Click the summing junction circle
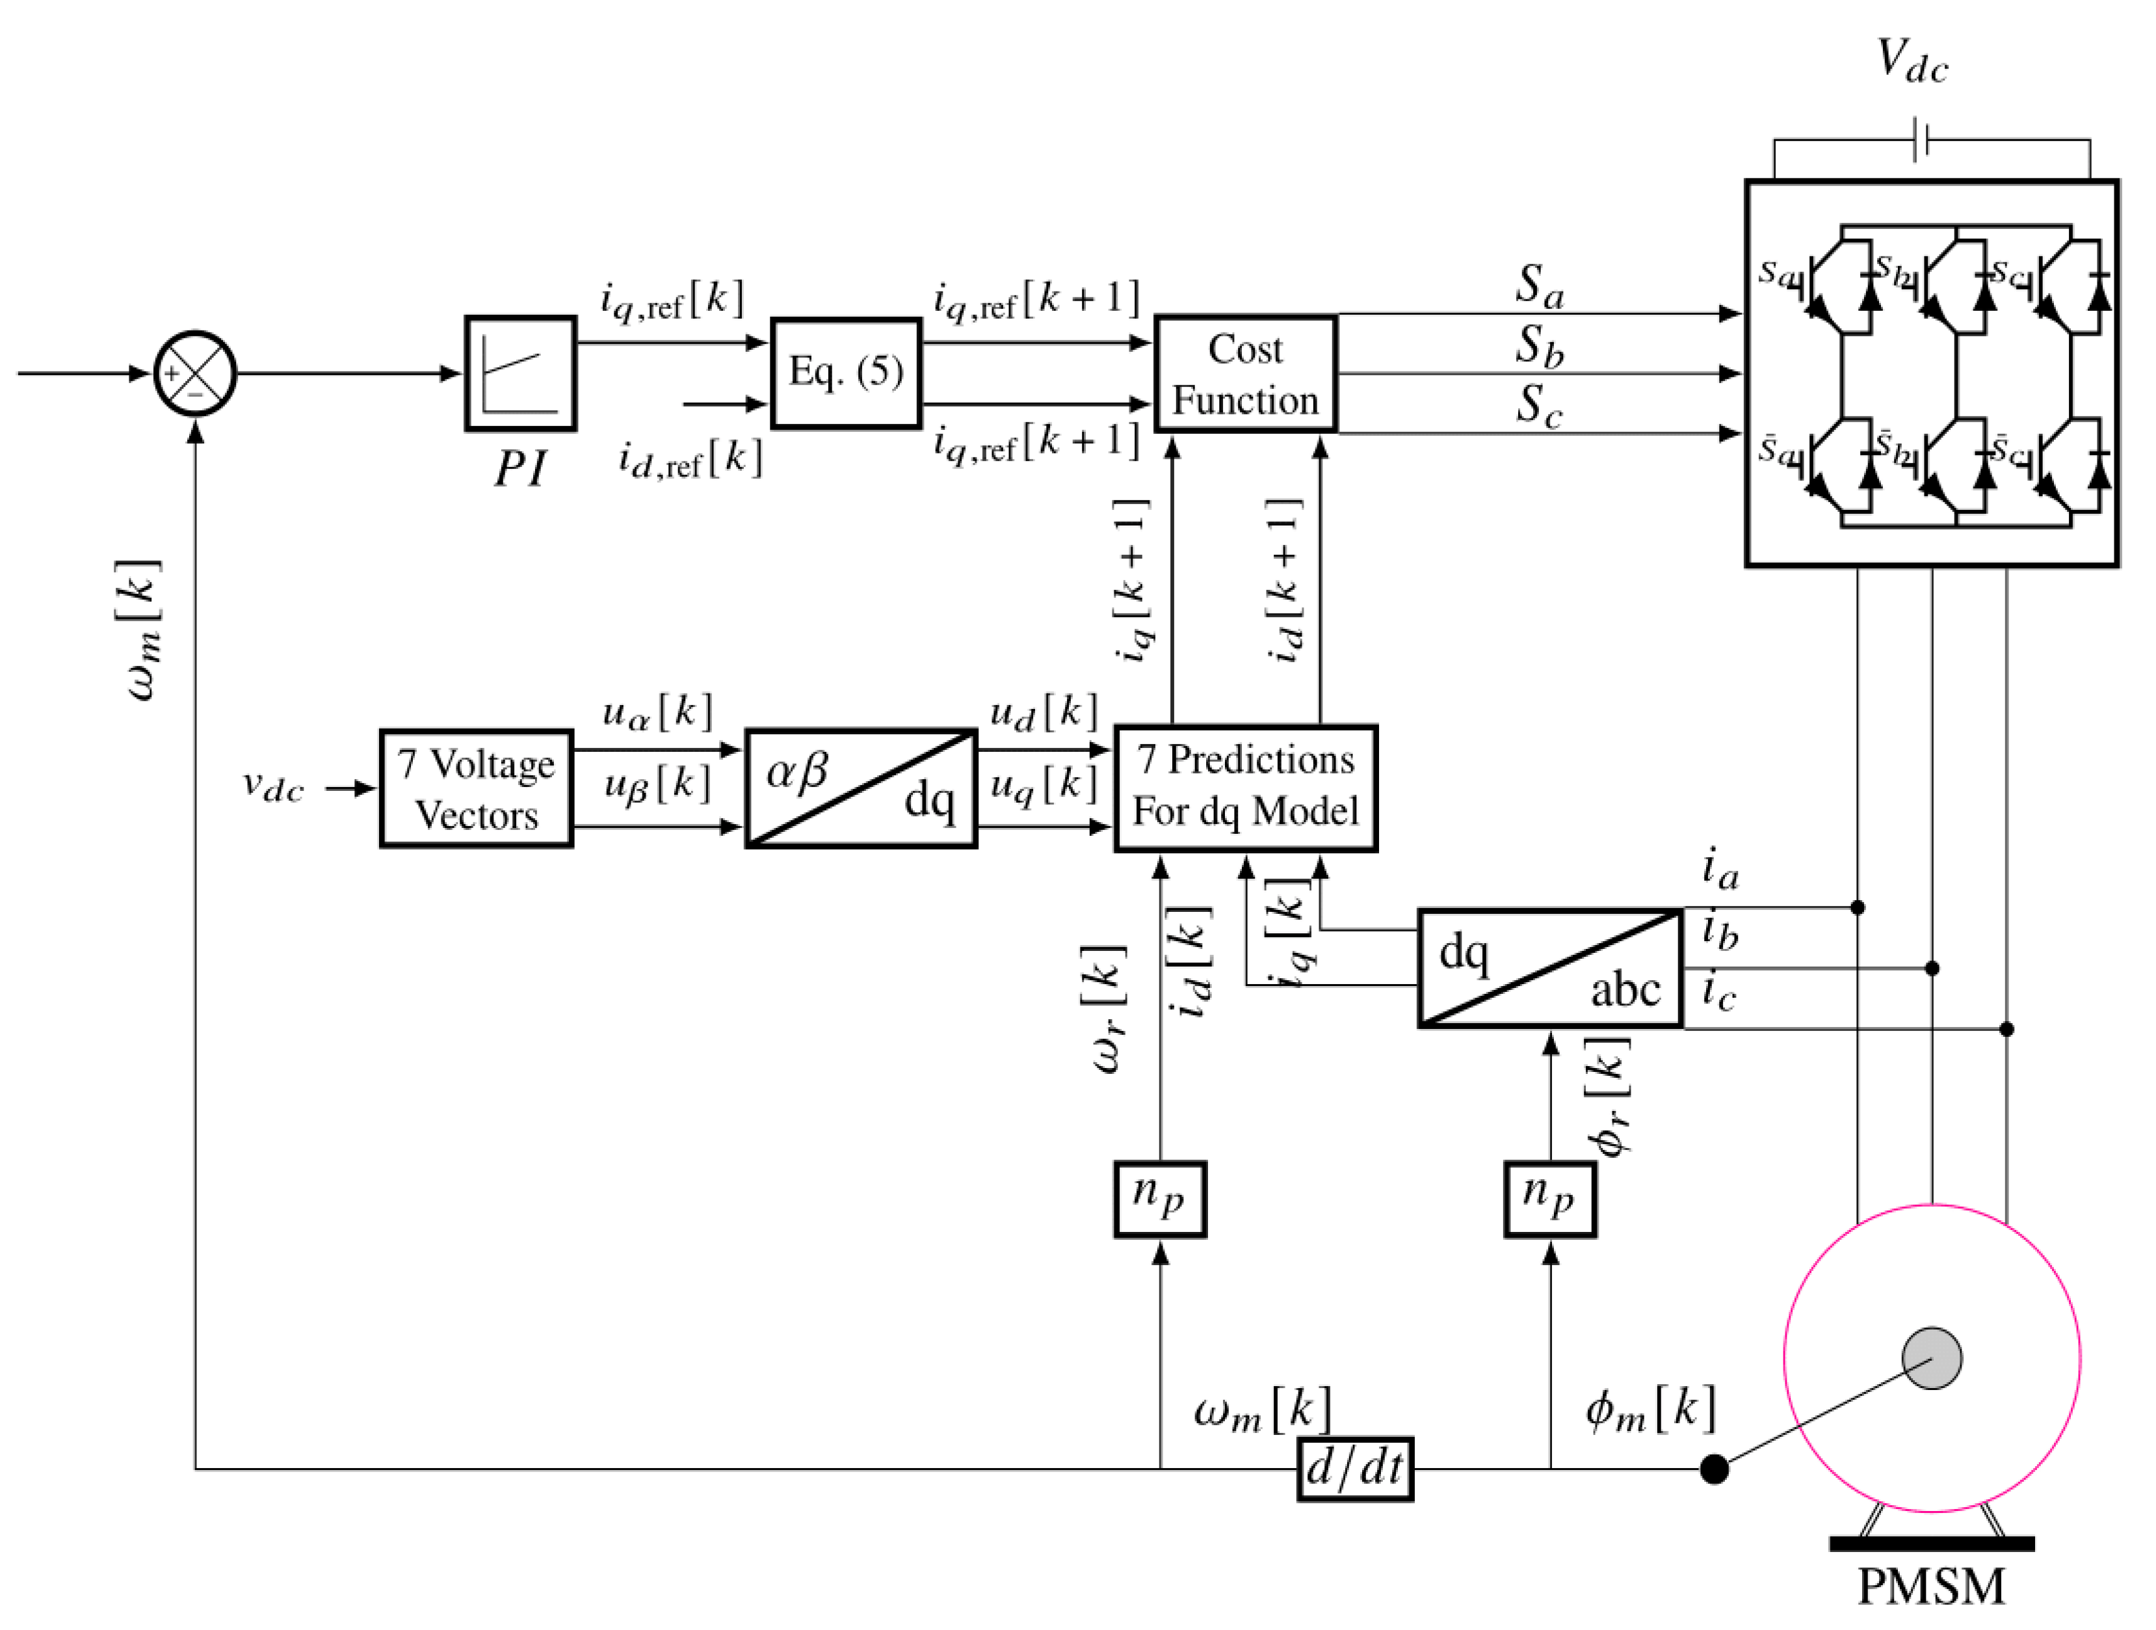click(195, 373)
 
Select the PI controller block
click(521, 373)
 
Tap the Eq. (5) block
click(845, 373)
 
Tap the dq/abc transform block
click(1550, 968)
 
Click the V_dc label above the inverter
click(1912, 61)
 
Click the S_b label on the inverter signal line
click(1539, 345)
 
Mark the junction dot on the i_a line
click(1858, 907)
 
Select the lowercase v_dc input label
click(273, 786)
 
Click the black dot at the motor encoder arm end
click(1715, 1468)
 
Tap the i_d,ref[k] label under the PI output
click(689, 458)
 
